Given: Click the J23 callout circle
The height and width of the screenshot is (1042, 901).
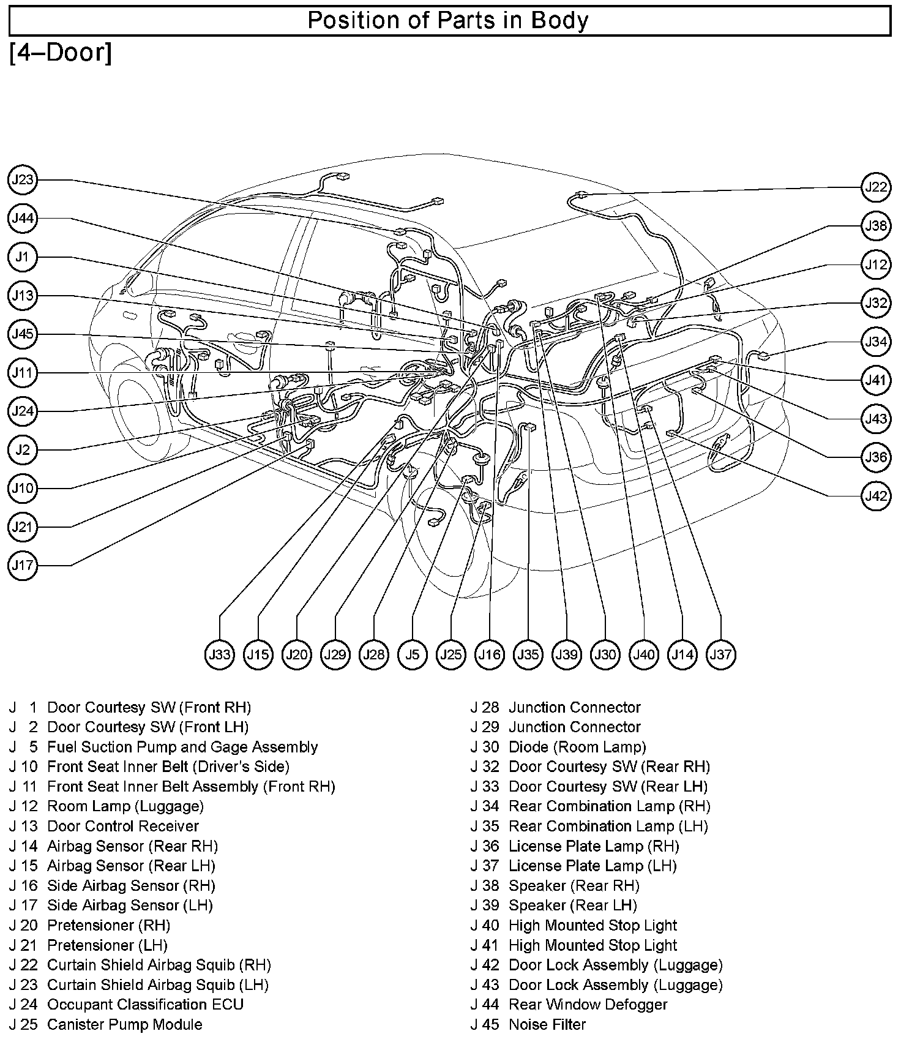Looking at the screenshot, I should (23, 180).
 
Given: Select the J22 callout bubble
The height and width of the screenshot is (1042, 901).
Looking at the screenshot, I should (876, 187).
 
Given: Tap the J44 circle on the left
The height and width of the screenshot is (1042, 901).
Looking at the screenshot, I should (23, 219).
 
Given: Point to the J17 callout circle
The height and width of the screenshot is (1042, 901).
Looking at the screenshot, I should (23, 565).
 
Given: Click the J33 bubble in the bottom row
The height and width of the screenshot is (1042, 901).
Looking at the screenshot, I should (219, 654).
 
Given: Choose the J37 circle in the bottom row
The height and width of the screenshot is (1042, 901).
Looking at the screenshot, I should (720, 654).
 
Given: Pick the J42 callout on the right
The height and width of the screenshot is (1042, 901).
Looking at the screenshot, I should (876, 495).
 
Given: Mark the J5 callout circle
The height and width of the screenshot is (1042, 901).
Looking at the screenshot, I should (413, 654).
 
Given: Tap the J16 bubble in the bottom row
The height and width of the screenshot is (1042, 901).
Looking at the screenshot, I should (490, 654).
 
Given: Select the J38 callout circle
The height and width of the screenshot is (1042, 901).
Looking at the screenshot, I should (876, 226).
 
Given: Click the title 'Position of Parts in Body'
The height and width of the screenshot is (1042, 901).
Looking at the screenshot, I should (447, 21).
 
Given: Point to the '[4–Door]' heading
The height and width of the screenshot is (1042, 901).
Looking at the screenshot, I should (61, 53).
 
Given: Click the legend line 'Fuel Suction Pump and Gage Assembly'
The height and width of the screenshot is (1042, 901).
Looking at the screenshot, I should (182, 747).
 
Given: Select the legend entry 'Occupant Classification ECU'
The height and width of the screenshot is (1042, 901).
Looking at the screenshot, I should (145, 1005).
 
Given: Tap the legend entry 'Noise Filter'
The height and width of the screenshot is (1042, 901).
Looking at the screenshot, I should (547, 1024).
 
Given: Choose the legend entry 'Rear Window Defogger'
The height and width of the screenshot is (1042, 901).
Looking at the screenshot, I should (588, 1005).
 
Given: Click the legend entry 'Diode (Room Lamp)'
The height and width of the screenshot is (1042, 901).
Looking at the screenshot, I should (577, 747).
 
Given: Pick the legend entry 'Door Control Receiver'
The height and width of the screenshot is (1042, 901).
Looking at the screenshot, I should (122, 826).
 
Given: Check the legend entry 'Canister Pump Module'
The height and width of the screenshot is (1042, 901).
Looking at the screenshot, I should (124, 1024).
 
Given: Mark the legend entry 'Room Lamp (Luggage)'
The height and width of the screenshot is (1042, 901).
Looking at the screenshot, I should (125, 806).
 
